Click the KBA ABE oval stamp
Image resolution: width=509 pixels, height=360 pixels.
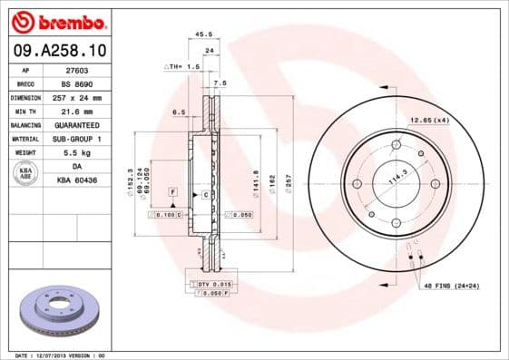pyautogui.click(x=24, y=174)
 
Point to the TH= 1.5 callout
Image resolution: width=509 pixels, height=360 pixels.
pyautogui.click(x=181, y=67)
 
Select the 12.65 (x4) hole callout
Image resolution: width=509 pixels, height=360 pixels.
pyautogui.click(x=429, y=120)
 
